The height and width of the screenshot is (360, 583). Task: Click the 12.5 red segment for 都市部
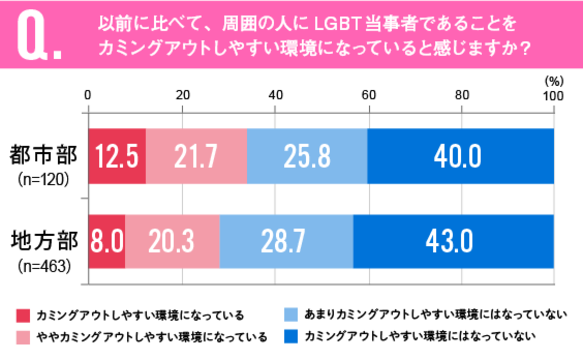click(117, 156)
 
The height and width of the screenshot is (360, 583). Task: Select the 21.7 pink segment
click(196, 156)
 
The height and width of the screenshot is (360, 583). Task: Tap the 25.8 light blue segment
click(307, 156)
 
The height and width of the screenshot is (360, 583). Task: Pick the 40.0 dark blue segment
click(460, 156)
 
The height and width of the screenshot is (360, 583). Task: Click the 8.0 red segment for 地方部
click(107, 241)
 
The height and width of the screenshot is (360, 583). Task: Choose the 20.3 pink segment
click(172, 241)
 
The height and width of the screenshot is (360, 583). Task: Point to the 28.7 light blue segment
click(286, 241)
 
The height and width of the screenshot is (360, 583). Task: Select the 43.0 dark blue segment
click(453, 241)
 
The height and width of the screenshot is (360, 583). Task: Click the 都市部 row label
click(44, 155)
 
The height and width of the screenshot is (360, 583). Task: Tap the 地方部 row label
click(44, 241)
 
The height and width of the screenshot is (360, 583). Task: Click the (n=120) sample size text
click(44, 179)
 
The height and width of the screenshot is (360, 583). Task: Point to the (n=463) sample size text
click(44, 266)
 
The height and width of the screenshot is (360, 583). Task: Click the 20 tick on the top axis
click(183, 95)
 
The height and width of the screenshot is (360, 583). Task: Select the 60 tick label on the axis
click(369, 95)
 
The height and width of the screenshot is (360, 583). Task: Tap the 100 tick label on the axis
click(553, 96)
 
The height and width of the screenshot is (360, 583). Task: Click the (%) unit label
click(554, 81)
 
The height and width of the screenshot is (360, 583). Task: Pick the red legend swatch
click(23, 316)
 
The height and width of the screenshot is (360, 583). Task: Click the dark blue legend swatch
click(291, 336)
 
